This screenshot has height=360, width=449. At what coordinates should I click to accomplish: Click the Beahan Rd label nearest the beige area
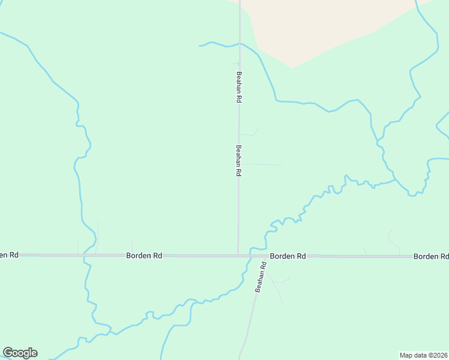point(238,88)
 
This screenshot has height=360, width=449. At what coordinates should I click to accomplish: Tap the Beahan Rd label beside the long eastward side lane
point(238,160)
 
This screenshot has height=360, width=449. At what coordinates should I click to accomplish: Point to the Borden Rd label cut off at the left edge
point(9,255)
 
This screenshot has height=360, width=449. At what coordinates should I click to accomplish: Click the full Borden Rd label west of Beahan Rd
point(144,256)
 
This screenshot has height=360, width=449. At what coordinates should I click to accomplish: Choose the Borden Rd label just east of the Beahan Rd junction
point(288,256)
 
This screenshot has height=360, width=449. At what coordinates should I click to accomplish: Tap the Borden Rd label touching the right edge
point(430,256)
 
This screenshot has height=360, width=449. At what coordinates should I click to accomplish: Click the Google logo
point(20,353)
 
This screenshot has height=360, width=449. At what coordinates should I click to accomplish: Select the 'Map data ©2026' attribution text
point(423,355)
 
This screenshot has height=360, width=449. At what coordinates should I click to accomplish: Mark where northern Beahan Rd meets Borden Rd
point(238,256)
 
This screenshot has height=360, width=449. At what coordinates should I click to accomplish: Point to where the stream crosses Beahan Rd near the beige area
point(240,44)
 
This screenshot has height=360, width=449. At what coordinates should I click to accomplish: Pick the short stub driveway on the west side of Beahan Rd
point(233,63)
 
